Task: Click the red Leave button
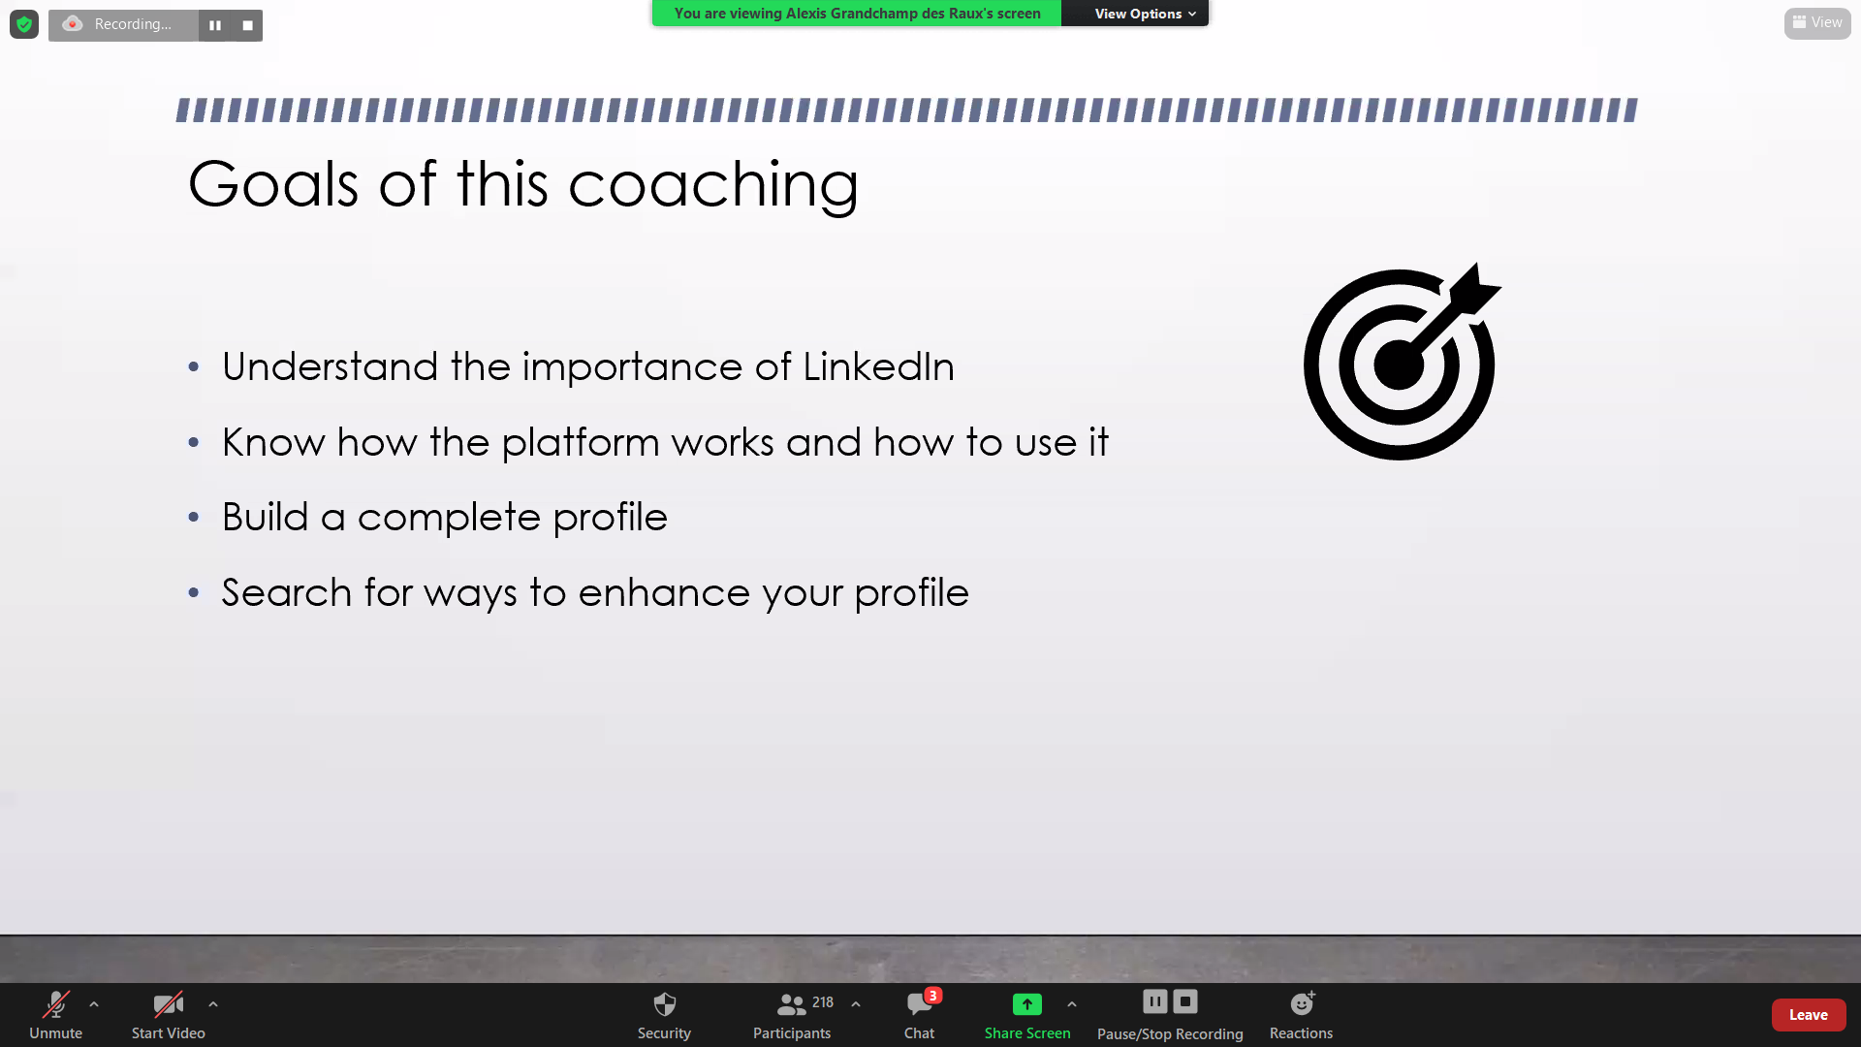point(1808,1015)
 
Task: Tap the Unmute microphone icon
point(55,1003)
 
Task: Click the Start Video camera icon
point(168,1003)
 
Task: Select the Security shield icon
point(664,1003)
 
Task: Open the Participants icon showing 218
point(792,1004)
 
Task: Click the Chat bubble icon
point(919,1004)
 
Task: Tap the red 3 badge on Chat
point(932,996)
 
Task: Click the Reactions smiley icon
point(1302,1003)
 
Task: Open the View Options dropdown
point(1145,14)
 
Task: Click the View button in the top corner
point(1817,22)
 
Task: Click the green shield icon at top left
point(24,24)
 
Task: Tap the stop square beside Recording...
point(248,25)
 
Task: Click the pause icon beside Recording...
point(215,25)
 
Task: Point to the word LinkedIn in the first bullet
point(878,366)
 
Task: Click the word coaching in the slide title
point(713,184)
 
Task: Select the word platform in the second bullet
point(582,443)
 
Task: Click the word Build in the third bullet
point(265,517)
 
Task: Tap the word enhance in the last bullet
point(664,592)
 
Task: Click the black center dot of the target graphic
point(1399,365)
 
